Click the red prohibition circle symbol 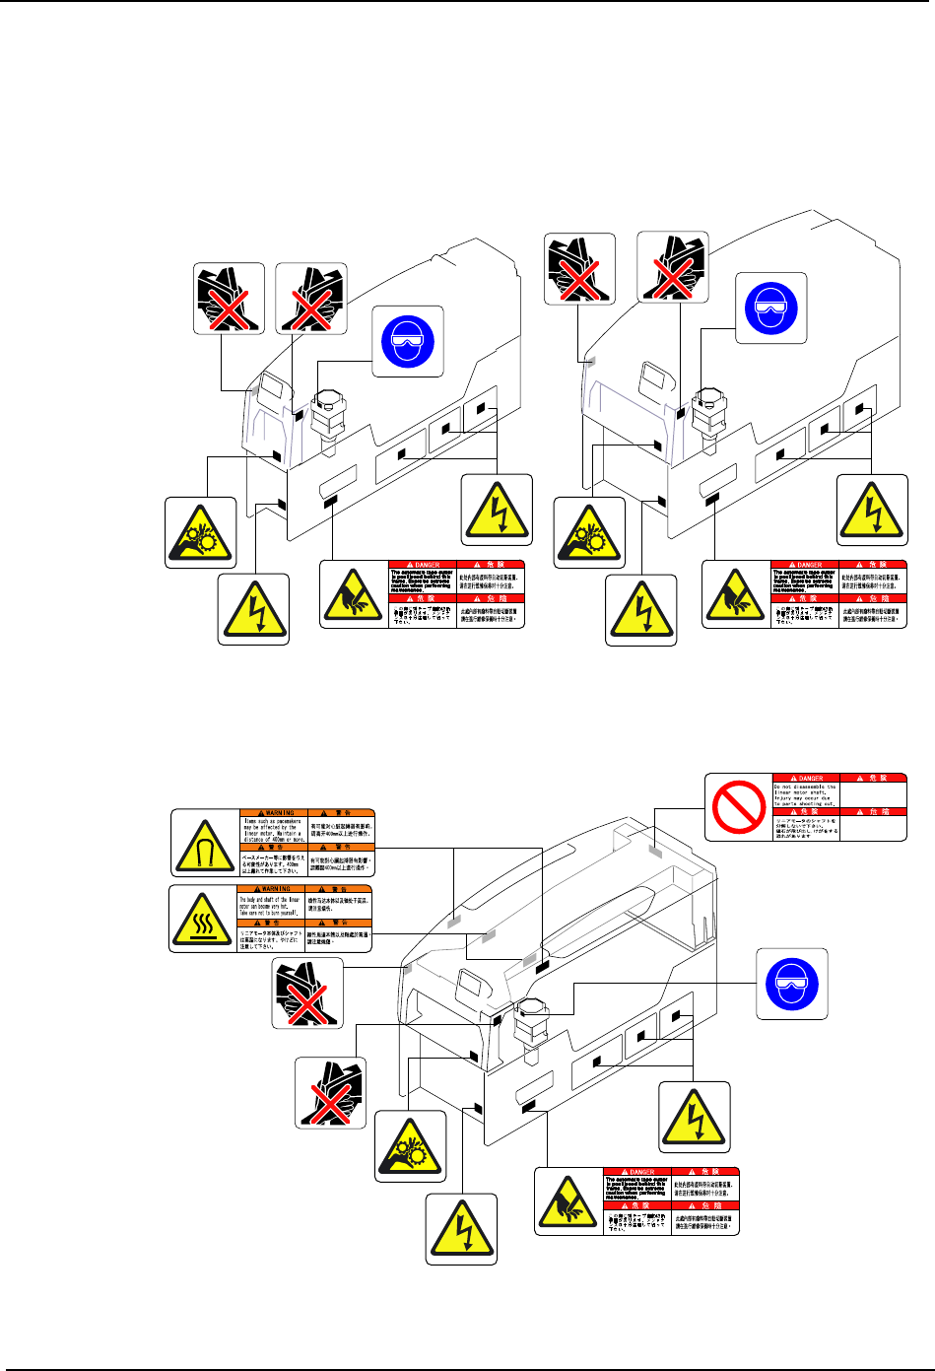click(x=740, y=806)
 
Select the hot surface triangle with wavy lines click(x=204, y=919)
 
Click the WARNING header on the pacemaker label click(x=274, y=813)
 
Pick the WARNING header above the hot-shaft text click(x=273, y=889)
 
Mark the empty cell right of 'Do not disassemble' click(x=872, y=794)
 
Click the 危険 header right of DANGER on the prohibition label click(x=872, y=778)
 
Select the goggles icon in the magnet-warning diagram click(x=791, y=984)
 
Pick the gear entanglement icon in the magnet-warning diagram click(x=410, y=1146)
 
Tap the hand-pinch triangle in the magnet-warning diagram click(x=569, y=1200)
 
